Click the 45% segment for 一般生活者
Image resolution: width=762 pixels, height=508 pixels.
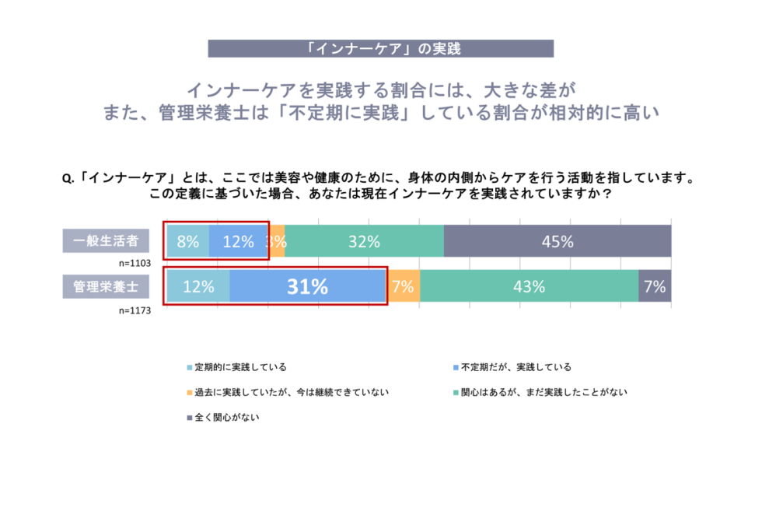558,241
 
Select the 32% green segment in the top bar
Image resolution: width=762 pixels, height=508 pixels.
364,241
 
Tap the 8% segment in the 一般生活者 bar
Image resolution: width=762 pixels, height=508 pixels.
187,241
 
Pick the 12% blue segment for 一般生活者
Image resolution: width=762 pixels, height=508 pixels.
237,241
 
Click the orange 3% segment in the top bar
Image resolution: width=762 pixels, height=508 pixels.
276,241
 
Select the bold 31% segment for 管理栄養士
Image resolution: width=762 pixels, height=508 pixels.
308,286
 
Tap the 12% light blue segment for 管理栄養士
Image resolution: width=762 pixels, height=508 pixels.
197,286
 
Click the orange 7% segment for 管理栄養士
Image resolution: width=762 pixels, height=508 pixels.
403,286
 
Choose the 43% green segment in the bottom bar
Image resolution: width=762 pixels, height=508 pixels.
529,286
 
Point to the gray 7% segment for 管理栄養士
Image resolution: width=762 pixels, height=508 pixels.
655,286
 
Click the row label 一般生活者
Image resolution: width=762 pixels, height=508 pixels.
106,241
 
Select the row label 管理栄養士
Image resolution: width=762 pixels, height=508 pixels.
106,286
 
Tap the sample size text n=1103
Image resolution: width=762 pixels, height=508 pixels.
135,263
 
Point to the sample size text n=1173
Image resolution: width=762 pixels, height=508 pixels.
135,309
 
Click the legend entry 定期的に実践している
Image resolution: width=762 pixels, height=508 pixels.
237,366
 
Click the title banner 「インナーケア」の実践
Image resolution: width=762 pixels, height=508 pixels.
381,48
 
